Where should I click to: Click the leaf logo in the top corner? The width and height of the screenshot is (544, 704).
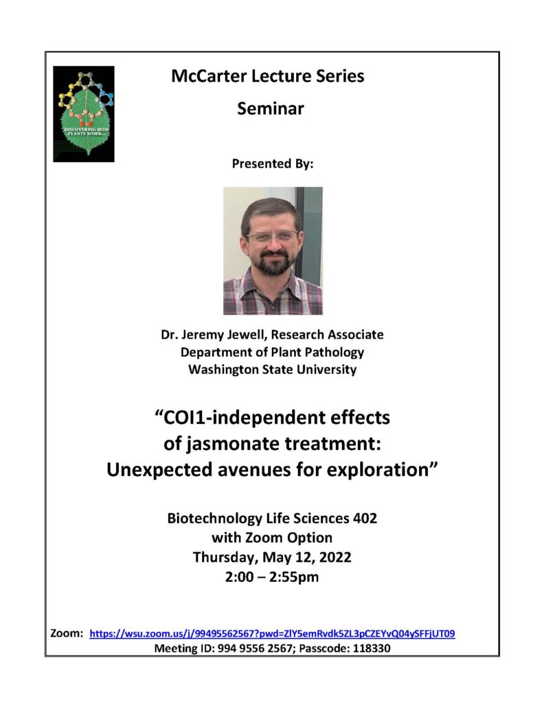pyautogui.click(x=84, y=114)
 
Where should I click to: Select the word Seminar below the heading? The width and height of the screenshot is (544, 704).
pyautogui.click(x=270, y=109)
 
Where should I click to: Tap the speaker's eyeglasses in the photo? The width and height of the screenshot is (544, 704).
pyautogui.click(x=272, y=236)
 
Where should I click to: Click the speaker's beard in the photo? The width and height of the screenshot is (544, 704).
pyautogui.click(x=273, y=264)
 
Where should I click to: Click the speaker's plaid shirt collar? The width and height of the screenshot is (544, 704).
pyautogui.click(x=273, y=284)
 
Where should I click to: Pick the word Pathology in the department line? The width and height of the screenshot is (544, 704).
pyautogui.click(x=329, y=352)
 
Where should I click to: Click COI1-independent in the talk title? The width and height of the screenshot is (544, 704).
pyautogui.click(x=233, y=418)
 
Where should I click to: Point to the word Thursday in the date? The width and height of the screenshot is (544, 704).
pyautogui.click(x=223, y=557)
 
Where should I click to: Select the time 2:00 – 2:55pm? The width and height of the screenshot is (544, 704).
pyautogui.click(x=272, y=576)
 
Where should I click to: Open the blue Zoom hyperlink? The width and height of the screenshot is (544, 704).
pyautogui.click(x=273, y=633)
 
